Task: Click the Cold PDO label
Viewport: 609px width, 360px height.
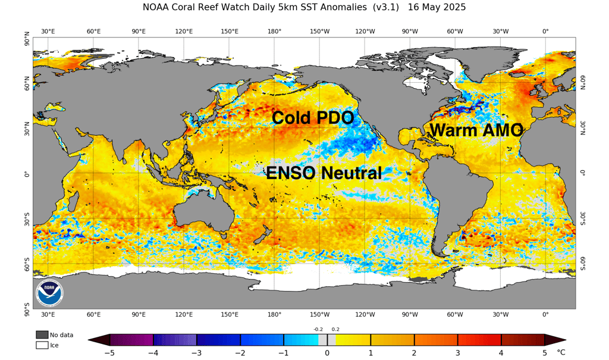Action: pos(313,118)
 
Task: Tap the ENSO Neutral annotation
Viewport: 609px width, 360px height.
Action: pos(324,173)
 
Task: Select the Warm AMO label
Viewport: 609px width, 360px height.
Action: pos(476,130)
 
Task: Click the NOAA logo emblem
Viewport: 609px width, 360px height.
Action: pos(49,293)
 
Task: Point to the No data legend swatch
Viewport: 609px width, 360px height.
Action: pos(42,334)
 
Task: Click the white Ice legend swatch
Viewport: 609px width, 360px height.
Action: pos(42,345)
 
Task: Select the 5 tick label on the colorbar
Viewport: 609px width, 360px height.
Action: pos(544,353)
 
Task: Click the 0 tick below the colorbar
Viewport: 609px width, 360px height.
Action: pos(327,353)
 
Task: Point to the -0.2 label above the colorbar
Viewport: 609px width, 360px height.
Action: pos(318,329)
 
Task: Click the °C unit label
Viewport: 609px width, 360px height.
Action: pos(561,352)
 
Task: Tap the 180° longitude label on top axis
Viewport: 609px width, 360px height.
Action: pos(274,31)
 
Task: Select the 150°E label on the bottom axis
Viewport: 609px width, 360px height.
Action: pos(230,315)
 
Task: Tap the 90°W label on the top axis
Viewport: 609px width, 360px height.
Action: pos(410,31)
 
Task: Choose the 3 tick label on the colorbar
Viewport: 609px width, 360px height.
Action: pos(457,353)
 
